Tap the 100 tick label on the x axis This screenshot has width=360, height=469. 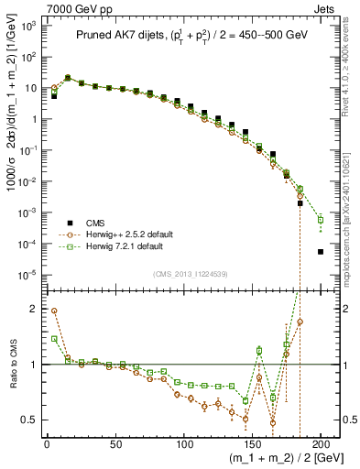(x=183, y=445)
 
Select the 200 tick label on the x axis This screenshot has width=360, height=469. (x=321, y=445)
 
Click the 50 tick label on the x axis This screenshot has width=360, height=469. (x=115, y=445)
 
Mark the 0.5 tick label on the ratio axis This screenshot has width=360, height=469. (x=28, y=420)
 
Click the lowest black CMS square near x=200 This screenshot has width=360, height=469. (x=321, y=251)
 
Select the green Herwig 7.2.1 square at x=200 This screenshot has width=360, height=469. (x=321, y=220)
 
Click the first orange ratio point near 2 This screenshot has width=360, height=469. (x=54, y=311)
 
